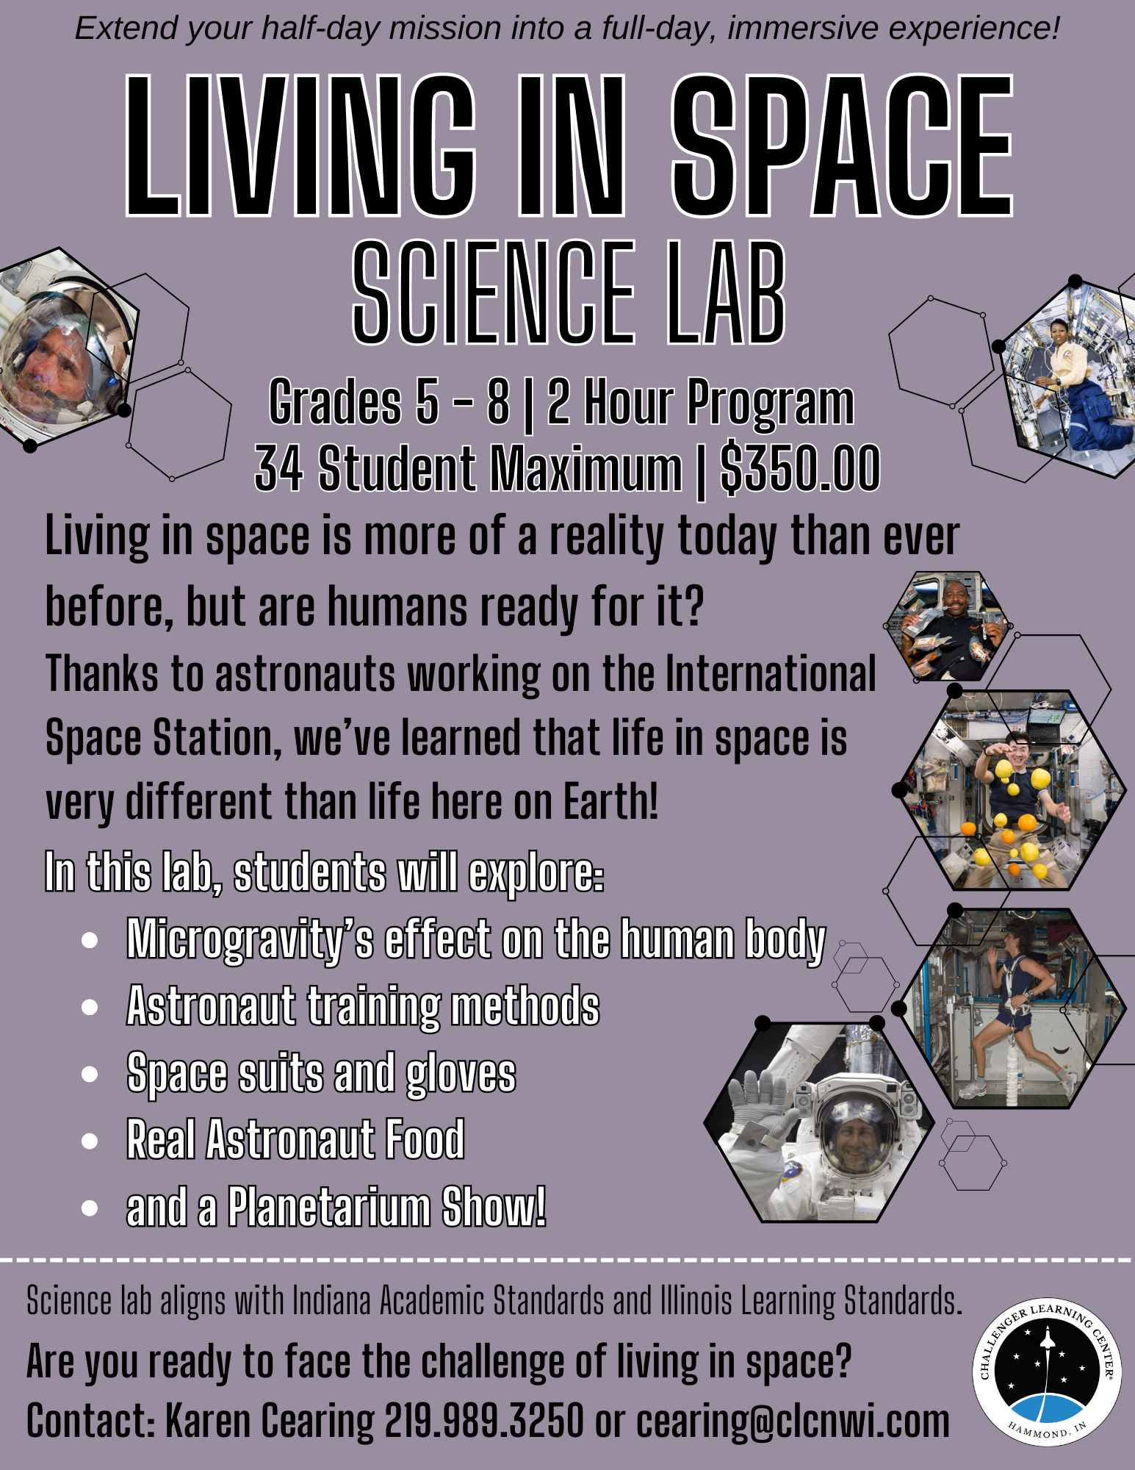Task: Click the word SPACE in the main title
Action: click(x=843, y=146)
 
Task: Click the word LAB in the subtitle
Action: click(x=726, y=293)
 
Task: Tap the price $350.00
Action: click(x=800, y=468)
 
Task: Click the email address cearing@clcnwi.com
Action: click(x=793, y=1421)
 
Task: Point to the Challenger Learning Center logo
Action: click(x=1047, y=1372)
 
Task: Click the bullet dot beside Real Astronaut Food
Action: click(x=90, y=1141)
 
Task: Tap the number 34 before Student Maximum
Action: click(x=278, y=468)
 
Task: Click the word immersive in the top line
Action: click(x=802, y=29)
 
